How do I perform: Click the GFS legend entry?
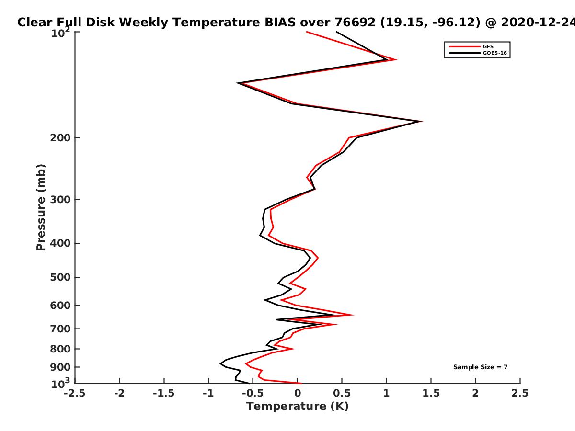pyautogui.click(x=471, y=46)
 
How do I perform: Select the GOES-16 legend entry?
pyautogui.click(x=478, y=53)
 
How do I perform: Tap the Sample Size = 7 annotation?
pyautogui.click(x=481, y=367)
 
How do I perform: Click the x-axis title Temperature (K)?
pyautogui.click(x=298, y=407)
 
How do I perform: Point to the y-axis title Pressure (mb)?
pyautogui.click(x=41, y=207)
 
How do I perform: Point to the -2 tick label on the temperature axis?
pyautogui.click(x=119, y=393)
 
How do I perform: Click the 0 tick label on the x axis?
pyautogui.click(x=298, y=393)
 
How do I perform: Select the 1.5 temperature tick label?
pyautogui.click(x=431, y=393)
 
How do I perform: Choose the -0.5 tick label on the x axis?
pyautogui.click(x=253, y=393)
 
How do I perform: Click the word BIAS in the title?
pyautogui.click(x=280, y=23)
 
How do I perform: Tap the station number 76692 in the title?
pyautogui.click(x=355, y=23)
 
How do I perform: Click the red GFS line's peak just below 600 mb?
pyautogui.click(x=353, y=315)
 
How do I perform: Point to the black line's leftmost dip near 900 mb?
pyautogui.click(x=221, y=363)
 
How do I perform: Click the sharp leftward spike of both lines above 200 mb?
pyautogui.click(x=238, y=83)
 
